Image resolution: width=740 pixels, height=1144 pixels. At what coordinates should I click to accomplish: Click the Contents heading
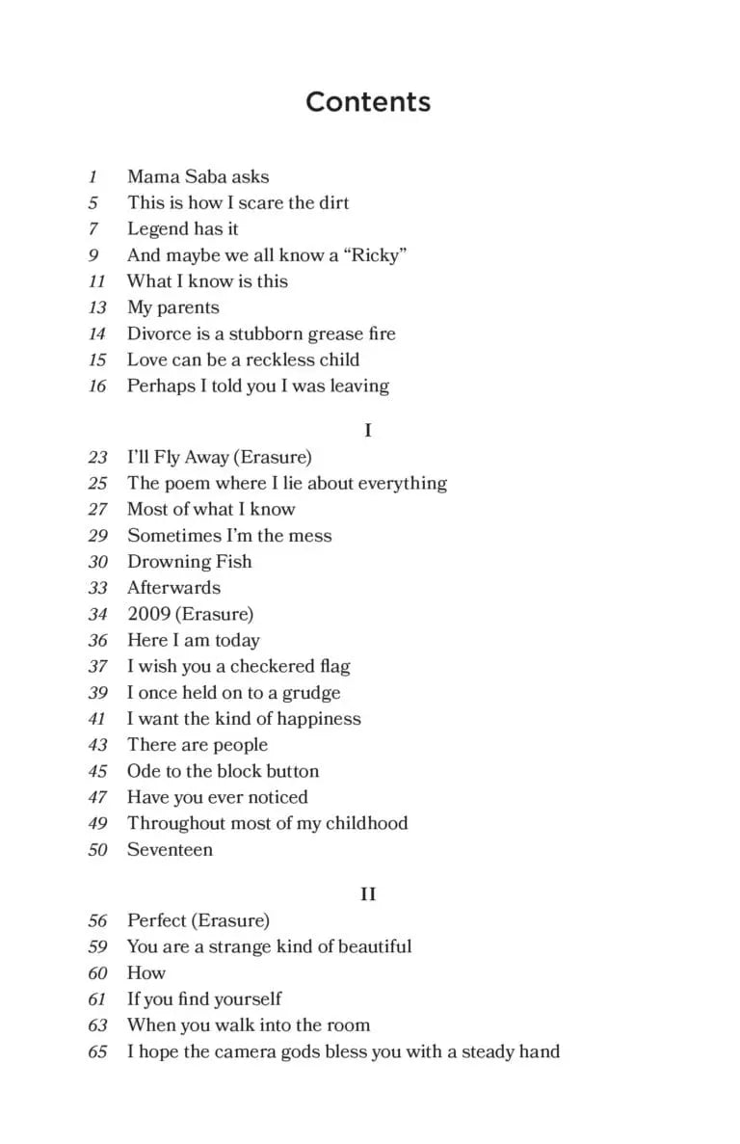point(368,102)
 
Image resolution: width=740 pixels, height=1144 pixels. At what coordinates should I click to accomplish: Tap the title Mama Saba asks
point(198,176)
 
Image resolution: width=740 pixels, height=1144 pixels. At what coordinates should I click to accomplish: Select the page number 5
point(93,202)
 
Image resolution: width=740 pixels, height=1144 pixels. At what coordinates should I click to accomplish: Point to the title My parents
point(172,308)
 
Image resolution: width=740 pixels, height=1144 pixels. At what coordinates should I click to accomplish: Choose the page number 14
point(97,333)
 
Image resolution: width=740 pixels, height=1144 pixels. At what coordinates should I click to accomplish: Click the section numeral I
point(368,431)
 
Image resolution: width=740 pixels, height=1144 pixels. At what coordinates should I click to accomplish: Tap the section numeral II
point(368,894)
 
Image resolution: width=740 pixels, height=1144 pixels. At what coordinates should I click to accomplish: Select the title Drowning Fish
point(189,562)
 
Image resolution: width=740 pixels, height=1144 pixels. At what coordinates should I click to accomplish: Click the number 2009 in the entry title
point(148,614)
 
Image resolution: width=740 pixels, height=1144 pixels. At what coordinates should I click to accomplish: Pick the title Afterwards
point(173,588)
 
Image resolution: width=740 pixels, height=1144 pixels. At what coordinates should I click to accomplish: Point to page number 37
point(97,666)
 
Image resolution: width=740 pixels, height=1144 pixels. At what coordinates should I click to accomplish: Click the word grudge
point(310,693)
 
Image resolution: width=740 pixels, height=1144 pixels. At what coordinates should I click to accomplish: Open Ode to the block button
point(223,771)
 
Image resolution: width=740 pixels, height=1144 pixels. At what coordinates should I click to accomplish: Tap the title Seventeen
point(170,849)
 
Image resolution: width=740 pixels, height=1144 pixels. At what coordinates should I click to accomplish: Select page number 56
point(97,920)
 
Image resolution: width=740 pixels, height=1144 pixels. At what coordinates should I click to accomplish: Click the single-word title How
point(146,972)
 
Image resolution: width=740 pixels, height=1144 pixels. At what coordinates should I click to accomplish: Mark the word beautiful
point(369,946)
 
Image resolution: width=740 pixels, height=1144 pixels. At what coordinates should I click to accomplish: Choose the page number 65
point(97,1051)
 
